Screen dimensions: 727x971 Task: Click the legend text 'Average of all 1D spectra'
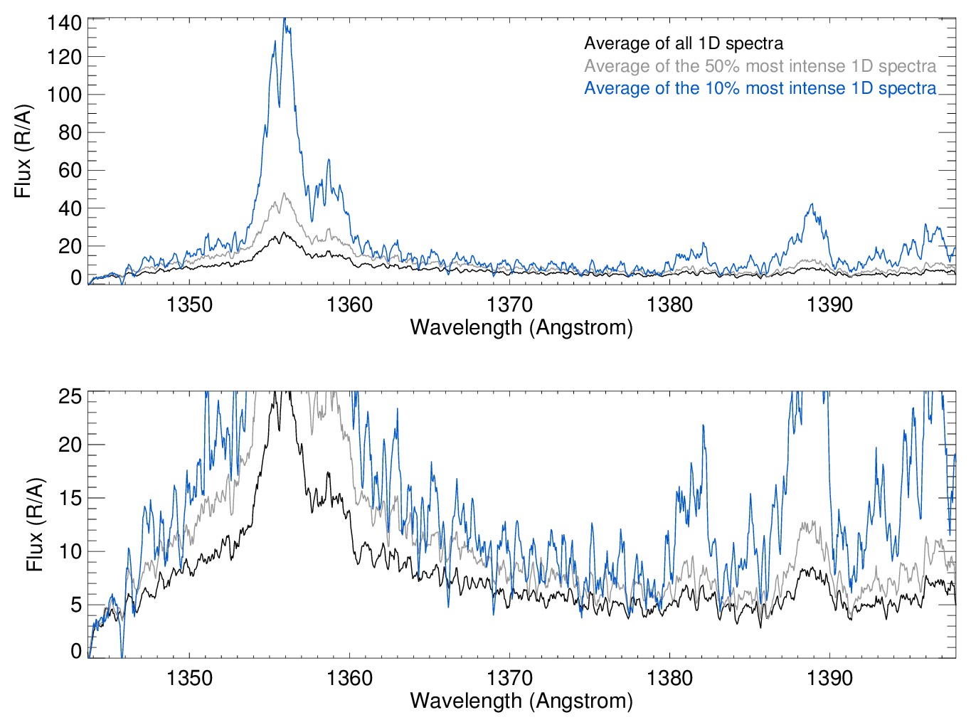pyautogui.click(x=683, y=43)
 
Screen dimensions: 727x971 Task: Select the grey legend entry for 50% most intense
pyautogui.click(x=760, y=66)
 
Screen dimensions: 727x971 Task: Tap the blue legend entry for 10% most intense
pyautogui.click(x=760, y=88)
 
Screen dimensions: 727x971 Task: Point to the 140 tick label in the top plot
pyautogui.click(x=64, y=23)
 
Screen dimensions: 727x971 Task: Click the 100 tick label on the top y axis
pyautogui.click(x=64, y=95)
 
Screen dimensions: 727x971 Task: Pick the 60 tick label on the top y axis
pyautogui.click(x=70, y=170)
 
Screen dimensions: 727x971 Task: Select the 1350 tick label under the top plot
pyautogui.click(x=189, y=304)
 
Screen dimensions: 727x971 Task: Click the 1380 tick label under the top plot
pyautogui.click(x=669, y=304)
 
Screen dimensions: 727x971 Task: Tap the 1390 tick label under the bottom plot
pyautogui.click(x=829, y=678)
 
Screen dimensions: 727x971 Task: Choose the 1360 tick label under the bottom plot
pyautogui.click(x=349, y=678)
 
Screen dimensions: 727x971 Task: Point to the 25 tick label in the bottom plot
pyautogui.click(x=70, y=396)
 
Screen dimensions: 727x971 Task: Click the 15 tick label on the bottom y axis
pyautogui.click(x=70, y=498)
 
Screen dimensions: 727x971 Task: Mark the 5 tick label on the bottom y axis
pyautogui.click(x=75, y=605)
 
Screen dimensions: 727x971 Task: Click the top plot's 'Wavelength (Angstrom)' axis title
pyautogui.click(x=521, y=327)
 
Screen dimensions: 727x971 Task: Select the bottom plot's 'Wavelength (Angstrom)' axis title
pyautogui.click(x=521, y=701)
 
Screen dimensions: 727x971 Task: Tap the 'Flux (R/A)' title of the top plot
pyautogui.click(x=23, y=151)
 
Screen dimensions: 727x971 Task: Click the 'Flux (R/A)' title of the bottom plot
pyautogui.click(x=34, y=524)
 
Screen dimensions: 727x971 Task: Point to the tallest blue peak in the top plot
pyautogui.click(x=285, y=20)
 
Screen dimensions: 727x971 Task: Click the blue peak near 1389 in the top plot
pyautogui.click(x=812, y=205)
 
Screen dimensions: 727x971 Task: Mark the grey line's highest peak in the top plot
pyautogui.click(x=285, y=193)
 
